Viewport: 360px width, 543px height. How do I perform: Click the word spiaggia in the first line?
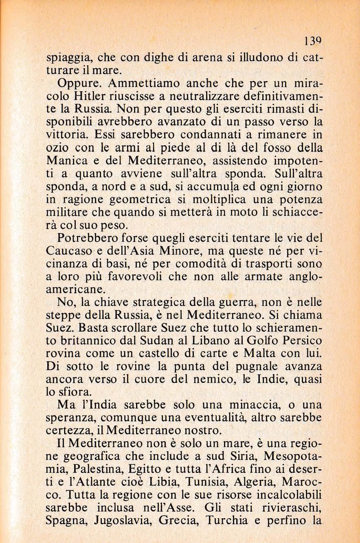65,57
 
